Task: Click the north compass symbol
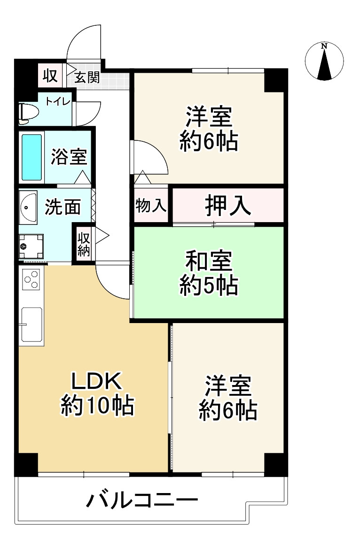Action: pos(324,62)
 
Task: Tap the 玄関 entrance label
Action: pos(87,77)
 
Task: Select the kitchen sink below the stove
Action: pos(31,324)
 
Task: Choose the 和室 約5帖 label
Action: pos(208,272)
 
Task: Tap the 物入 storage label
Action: pos(151,206)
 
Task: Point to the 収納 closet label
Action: pos(84,243)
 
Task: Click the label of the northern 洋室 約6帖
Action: pos(208,129)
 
